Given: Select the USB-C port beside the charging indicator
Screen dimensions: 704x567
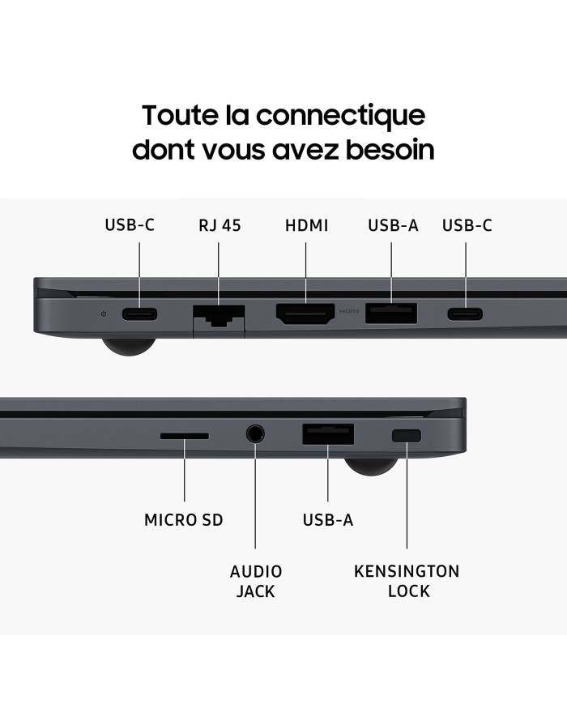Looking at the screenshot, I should pos(139,314).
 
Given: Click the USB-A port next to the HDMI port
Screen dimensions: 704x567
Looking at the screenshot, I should pos(391,313).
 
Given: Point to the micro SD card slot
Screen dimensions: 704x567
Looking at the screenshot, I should pos(184,436).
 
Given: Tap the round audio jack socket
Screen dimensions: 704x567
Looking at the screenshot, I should pos(256,434).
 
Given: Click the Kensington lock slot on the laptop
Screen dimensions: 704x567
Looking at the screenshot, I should pos(406,436).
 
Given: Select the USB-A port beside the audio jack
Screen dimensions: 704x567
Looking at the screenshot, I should pos(328,434).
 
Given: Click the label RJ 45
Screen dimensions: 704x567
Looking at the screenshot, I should pos(219,225).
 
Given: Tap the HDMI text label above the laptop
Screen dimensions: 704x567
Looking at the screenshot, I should pos(306,225).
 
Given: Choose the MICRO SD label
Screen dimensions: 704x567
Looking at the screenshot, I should pos(183,519).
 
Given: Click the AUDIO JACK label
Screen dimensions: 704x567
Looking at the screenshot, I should pos(256,581).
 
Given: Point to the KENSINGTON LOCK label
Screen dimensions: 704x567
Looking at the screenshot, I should pos(407,581).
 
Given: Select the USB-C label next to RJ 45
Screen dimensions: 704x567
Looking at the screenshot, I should pos(130,225).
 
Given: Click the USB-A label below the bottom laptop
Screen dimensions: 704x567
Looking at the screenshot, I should pos(328,519).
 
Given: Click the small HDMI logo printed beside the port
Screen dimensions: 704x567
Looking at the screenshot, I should pos(348,311).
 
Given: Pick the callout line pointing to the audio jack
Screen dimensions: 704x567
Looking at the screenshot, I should pos(256,502).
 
